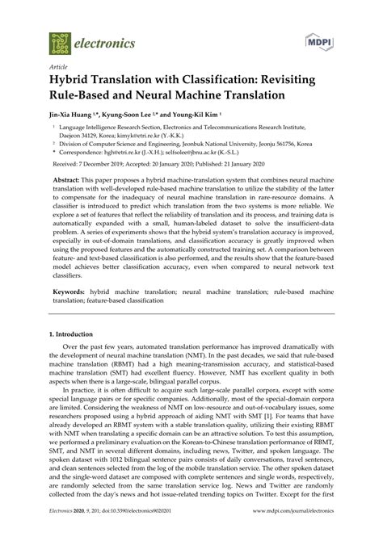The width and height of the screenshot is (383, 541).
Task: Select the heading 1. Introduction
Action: coord(76,355)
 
